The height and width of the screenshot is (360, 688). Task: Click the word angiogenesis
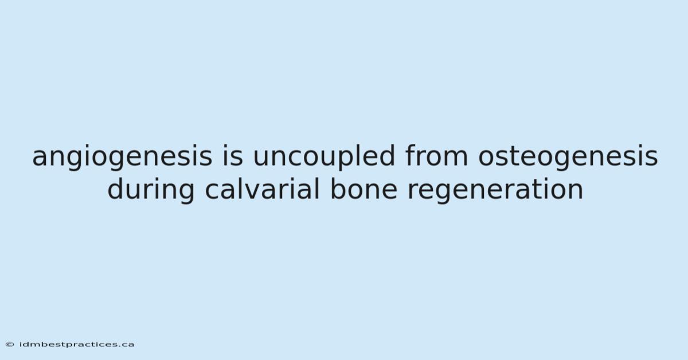point(122,157)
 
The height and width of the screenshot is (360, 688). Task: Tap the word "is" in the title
point(233,155)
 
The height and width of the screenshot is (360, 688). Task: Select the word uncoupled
point(324,157)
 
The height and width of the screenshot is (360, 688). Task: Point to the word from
point(436,155)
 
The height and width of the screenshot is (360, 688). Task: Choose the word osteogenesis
point(568,157)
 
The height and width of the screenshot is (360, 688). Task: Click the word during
point(151,190)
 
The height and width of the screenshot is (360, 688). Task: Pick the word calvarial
point(263,189)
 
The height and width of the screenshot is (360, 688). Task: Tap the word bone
point(364,189)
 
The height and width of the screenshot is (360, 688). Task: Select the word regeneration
point(495,190)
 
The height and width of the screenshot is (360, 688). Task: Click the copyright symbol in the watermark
point(10,345)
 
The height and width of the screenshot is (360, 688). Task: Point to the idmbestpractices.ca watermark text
point(77,345)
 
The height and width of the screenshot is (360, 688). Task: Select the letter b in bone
point(338,189)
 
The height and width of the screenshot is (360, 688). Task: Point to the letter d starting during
point(116,189)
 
